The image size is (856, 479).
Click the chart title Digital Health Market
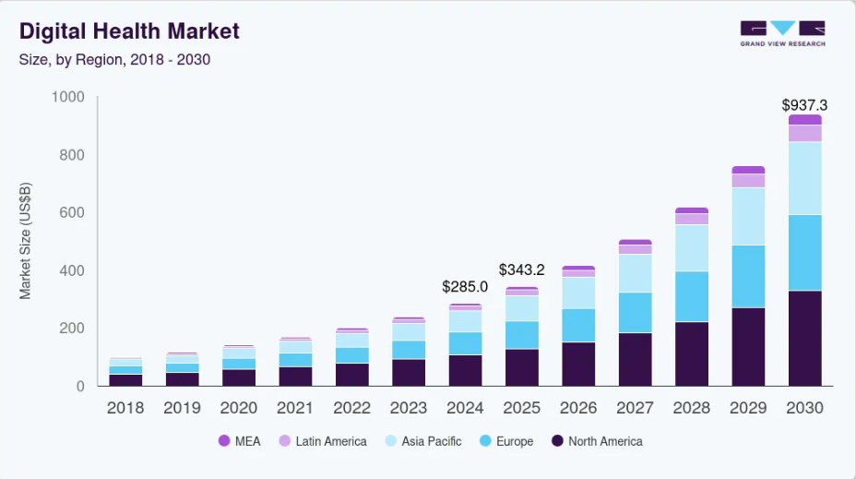point(129,31)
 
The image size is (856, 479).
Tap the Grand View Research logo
point(782,34)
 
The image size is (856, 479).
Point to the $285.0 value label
point(465,287)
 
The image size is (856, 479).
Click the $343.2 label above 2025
point(522,270)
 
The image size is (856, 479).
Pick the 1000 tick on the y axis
point(67,97)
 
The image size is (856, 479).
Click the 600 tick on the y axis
point(71,213)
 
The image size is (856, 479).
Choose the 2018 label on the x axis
point(125,408)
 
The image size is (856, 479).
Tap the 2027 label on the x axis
point(636,408)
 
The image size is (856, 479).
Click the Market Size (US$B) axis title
point(26,242)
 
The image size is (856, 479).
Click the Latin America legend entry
point(324,441)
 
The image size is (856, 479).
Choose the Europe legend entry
point(505,441)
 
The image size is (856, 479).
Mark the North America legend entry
point(596,441)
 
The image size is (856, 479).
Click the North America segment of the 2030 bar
point(804,339)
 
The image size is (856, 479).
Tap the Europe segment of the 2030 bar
point(804,253)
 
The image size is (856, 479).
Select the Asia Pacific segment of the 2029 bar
point(748,216)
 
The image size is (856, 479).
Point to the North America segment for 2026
point(578,364)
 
